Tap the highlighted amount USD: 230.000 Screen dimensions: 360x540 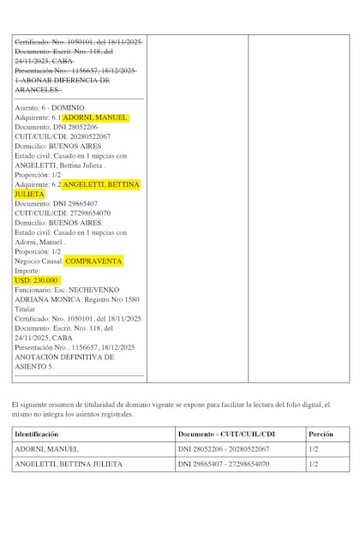(x=36, y=280)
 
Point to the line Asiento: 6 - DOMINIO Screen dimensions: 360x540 (x=50, y=107)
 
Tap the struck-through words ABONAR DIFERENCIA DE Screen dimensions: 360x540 (x=65, y=80)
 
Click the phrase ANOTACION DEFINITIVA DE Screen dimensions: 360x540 (x=64, y=357)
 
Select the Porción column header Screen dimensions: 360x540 (x=321, y=434)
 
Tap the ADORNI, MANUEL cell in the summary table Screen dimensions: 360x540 (x=46, y=449)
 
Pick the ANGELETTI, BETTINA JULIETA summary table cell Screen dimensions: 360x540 (x=68, y=465)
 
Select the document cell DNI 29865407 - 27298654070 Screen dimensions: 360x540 (x=224, y=465)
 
